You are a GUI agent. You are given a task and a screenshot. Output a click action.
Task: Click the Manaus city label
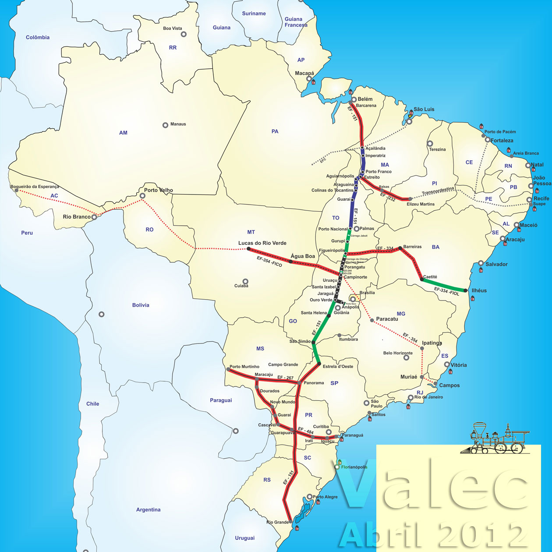[178, 124]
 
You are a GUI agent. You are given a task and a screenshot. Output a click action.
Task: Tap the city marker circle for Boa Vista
[184, 34]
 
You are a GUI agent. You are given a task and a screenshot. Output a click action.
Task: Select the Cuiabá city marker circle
[245, 282]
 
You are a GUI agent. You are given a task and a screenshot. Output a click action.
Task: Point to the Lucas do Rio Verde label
[262, 243]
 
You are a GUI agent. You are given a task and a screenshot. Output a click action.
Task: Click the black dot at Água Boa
[290, 262]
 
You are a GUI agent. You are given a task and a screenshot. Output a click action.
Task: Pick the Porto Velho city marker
[142, 196]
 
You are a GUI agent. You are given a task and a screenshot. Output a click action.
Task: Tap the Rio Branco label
[76, 217]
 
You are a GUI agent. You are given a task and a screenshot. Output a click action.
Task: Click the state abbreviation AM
[123, 133]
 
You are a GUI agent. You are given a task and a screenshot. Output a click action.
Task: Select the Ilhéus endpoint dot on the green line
[465, 290]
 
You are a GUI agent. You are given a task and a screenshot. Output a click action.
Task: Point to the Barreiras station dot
[400, 248]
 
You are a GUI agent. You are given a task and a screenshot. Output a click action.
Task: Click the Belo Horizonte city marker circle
[406, 358]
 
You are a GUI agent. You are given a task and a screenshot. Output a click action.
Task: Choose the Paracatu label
[387, 319]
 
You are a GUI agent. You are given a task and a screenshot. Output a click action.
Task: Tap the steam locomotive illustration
[495, 439]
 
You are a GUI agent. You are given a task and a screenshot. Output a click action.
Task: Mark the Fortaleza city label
[502, 141]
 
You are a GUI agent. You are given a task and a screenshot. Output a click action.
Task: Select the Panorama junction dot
[299, 383]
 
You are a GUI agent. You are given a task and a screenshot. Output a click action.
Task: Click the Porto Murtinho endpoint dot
[228, 370]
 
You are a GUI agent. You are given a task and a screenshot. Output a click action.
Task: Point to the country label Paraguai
[221, 400]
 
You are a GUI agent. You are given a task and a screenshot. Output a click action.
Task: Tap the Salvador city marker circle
[481, 263]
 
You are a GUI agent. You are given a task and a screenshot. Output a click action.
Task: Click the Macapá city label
[304, 73]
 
